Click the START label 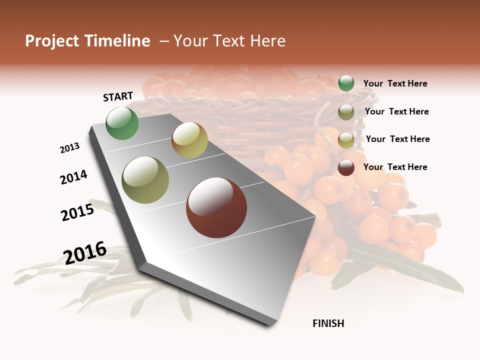(118, 96)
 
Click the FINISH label (328, 323)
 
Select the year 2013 (69, 148)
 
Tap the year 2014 (73, 177)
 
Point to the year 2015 (77, 212)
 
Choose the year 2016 (85, 253)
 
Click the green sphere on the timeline (122, 123)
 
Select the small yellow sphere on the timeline (189, 140)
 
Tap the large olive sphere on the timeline (145, 180)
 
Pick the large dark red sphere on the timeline (216, 207)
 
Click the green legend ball (346, 83)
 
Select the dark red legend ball (346, 167)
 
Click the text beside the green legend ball (395, 84)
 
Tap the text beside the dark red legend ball (395, 167)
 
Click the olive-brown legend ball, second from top (346, 112)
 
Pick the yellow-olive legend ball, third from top (346, 139)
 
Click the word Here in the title (267, 41)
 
